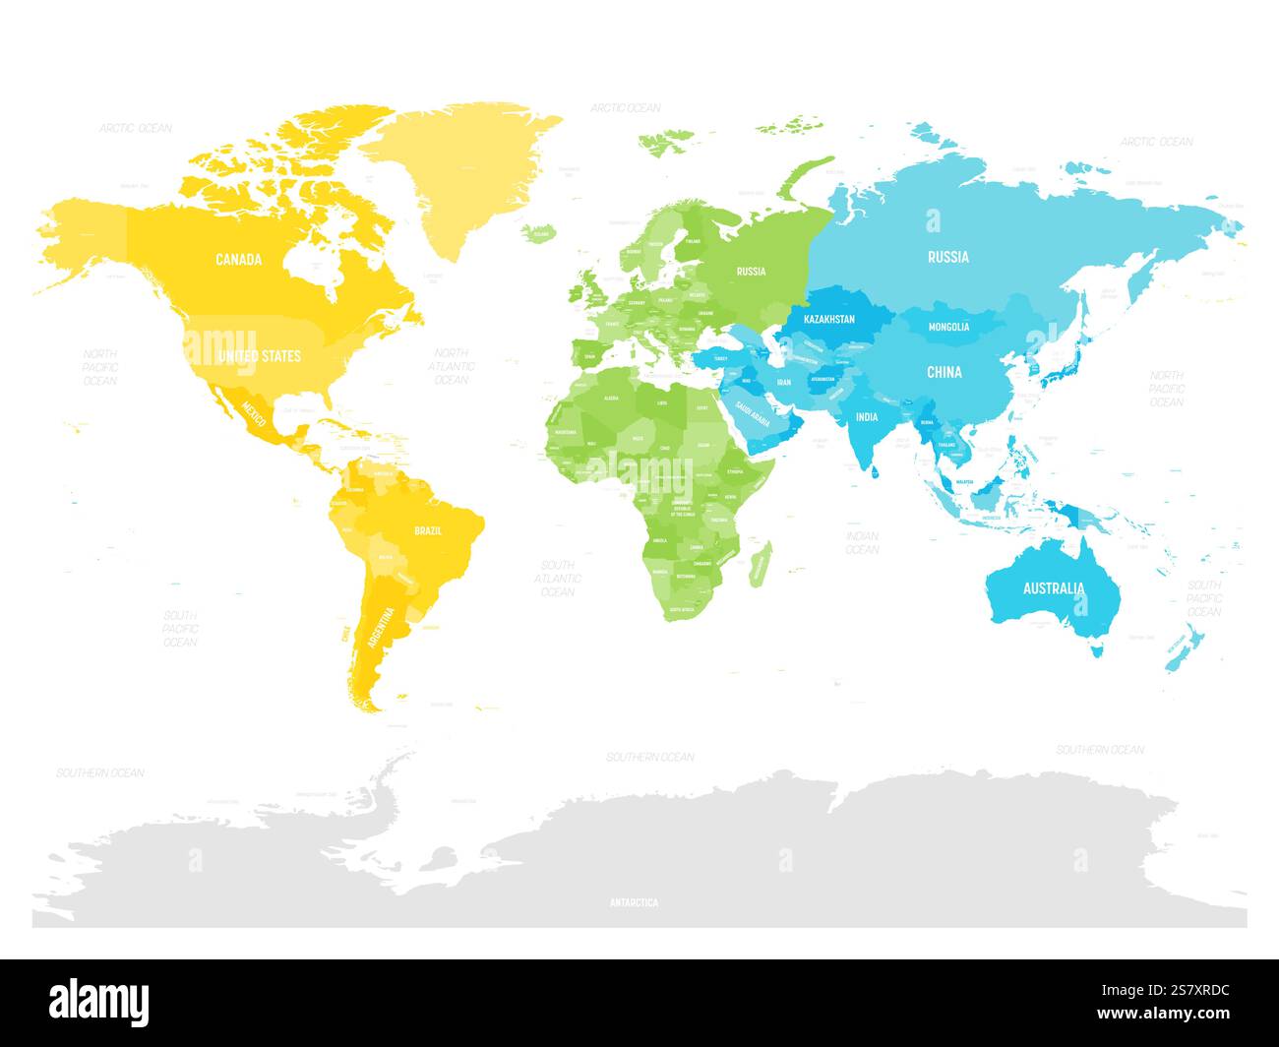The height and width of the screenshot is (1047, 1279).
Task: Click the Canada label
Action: point(239,260)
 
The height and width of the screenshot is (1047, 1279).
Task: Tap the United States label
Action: point(259,355)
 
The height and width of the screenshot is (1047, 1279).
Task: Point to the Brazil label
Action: point(428,531)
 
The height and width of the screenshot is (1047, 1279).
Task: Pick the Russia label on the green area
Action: point(751,272)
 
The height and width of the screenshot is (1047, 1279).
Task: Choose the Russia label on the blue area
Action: point(947,257)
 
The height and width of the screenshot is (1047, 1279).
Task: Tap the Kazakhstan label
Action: point(829,320)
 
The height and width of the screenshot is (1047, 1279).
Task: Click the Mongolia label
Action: point(948,327)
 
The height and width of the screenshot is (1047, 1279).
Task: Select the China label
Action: point(944,372)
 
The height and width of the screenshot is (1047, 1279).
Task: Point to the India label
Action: point(866,417)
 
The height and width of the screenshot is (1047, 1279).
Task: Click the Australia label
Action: point(1054,588)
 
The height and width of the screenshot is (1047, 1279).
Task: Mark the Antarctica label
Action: point(634,902)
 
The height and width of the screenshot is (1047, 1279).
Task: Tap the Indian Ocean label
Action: point(862,542)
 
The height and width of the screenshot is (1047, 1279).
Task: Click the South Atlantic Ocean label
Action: point(557,579)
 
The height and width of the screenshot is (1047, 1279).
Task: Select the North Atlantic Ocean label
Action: point(451,366)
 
